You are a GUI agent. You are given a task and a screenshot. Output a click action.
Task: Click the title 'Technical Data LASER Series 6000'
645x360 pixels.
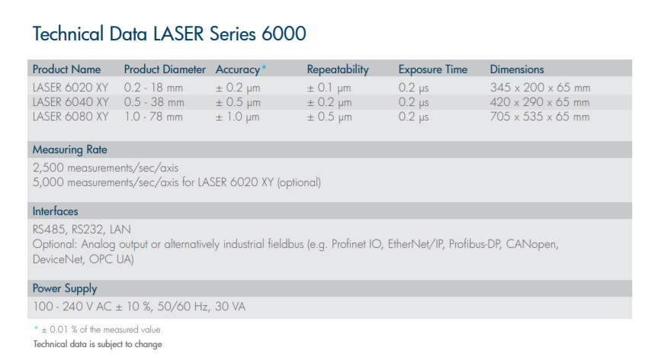[x=169, y=34]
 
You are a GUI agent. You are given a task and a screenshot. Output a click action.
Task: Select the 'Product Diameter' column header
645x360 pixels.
[x=165, y=69]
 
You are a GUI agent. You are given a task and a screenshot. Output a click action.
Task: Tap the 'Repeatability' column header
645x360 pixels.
[x=338, y=69]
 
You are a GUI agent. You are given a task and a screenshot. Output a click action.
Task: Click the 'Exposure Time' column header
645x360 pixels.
[x=433, y=69]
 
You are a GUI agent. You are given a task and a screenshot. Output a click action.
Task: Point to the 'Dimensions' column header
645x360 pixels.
[x=517, y=69]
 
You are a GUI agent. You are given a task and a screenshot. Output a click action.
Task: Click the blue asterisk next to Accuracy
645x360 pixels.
[x=264, y=67]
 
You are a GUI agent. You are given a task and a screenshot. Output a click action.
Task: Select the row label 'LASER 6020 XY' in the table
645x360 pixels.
[x=70, y=88]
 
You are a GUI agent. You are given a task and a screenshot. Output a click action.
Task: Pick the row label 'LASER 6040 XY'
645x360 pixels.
[x=71, y=102]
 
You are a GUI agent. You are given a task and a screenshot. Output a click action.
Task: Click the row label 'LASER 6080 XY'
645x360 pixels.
[x=70, y=117]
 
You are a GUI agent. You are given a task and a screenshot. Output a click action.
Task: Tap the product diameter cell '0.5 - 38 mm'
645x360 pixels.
[x=154, y=102]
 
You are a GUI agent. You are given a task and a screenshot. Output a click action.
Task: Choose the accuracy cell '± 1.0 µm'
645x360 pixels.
[x=237, y=117]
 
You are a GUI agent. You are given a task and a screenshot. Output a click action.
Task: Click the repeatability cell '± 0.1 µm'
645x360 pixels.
[x=329, y=88]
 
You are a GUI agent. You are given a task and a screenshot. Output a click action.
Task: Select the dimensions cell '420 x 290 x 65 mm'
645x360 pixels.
[x=540, y=102]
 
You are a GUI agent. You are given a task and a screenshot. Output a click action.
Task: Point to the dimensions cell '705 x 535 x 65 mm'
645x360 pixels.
[x=540, y=117]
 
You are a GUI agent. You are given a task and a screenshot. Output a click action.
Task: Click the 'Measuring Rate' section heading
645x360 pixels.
[x=70, y=149]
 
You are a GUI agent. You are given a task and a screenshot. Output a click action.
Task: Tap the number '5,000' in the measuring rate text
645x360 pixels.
[x=48, y=182]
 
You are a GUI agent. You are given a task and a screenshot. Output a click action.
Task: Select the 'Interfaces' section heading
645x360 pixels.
[x=55, y=211]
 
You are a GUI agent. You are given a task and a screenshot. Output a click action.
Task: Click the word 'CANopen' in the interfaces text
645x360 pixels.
[x=532, y=244]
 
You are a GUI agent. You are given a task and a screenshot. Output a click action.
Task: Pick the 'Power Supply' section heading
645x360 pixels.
[x=65, y=288]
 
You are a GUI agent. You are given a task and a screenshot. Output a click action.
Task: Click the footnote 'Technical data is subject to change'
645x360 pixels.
[x=98, y=344]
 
